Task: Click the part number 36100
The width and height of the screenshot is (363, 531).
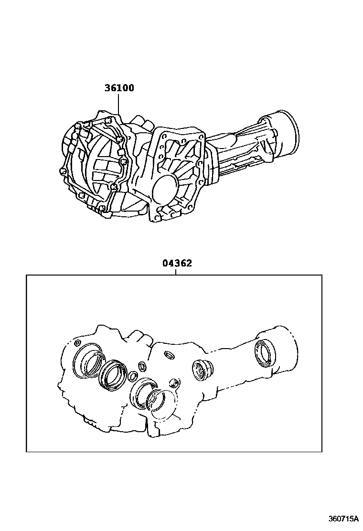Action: tap(119, 88)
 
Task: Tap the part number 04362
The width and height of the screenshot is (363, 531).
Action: tap(177, 263)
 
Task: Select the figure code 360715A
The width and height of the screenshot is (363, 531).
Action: tap(343, 518)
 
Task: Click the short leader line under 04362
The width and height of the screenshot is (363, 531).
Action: tap(176, 271)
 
